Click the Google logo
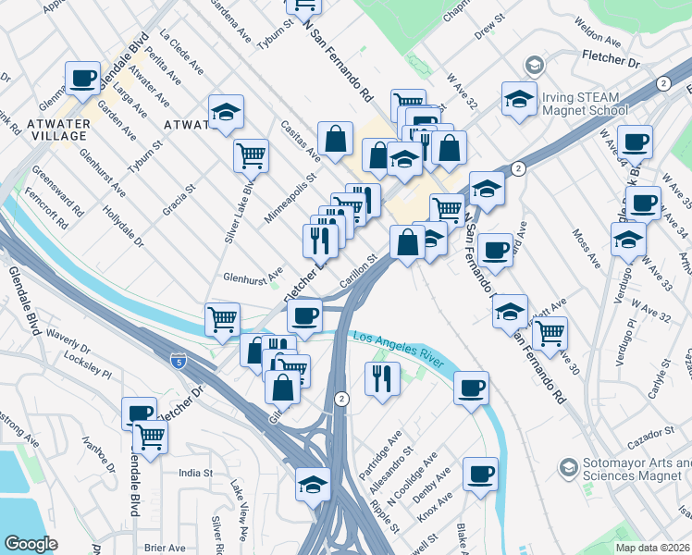(x=31, y=544)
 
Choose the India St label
(x=195, y=473)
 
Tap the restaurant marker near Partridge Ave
(x=380, y=377)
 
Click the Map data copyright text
(x=653, y=548)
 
